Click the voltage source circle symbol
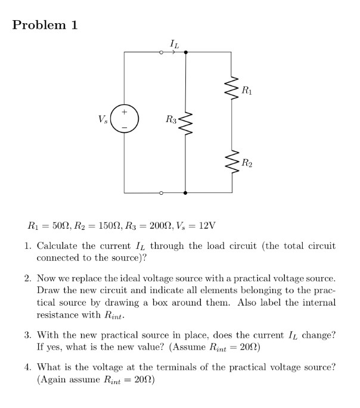point(125,119)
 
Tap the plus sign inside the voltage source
point(125,111)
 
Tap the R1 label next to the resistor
point(247,91)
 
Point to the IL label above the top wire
point(173,42)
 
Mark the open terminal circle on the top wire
point(161,52)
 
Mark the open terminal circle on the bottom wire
point(161,193)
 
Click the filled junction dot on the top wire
point(186,52)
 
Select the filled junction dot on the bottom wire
point(186,193)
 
